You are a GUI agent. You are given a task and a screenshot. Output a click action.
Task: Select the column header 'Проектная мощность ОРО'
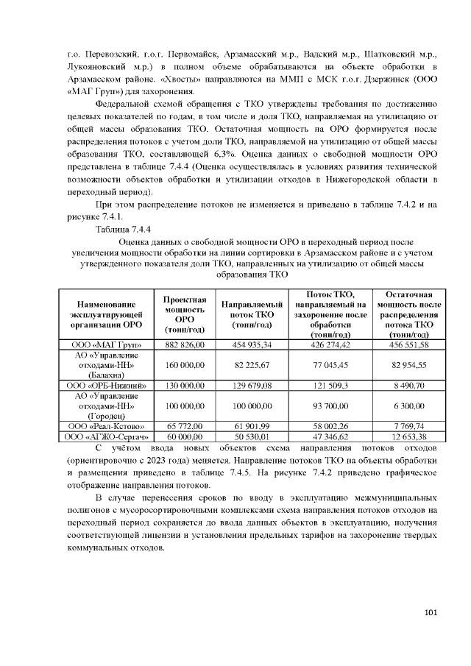point(179,314)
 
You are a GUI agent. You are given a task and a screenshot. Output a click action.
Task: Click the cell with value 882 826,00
point(179,344)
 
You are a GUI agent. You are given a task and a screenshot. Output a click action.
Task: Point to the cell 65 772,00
point(179,426)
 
